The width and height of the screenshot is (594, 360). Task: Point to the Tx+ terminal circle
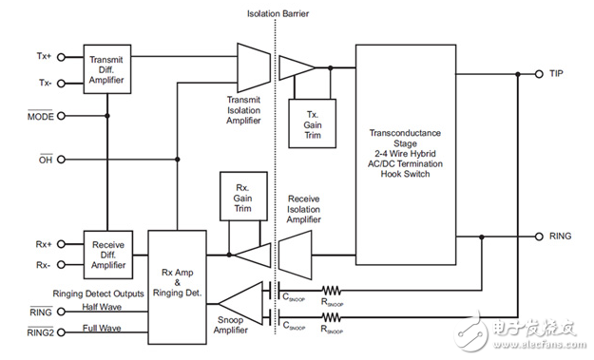(x=61, y=57)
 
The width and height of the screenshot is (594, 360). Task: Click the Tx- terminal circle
(x=61, y=84)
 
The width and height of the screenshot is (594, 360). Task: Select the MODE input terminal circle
(x=61, y=116)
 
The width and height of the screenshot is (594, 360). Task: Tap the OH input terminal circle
(x=61, y=160)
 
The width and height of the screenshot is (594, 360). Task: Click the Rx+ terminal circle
(x=61, y=244)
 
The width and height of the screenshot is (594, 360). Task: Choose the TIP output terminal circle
(x=539, y=74)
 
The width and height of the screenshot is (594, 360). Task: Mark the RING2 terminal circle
(x=61, y=332)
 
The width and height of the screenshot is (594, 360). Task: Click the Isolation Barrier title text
(x=278, y=14)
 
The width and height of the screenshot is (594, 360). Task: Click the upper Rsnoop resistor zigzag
(x=332, y=291)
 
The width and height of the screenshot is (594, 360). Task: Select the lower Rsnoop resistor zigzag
(x=332, y=317)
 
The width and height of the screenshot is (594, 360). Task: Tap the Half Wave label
(x=102, y=307)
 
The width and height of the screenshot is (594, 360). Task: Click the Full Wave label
(x=102, y=328)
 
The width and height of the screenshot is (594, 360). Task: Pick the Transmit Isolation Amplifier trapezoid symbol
(x=254, y=67)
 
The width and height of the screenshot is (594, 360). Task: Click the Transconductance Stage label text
(x=405, y=138)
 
